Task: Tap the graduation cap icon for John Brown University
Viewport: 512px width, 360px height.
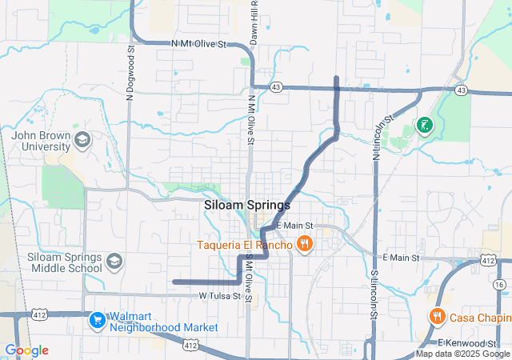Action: click(82, 142)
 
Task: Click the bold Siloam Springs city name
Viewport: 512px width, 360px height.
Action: click(247, 205)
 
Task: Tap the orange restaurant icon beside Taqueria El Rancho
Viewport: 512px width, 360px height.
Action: click(304, 243)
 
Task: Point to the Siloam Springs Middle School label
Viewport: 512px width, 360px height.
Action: click(64, 262)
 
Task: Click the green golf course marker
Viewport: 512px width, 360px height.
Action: click(424, 126)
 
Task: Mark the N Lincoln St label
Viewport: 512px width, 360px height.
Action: click(382, 137)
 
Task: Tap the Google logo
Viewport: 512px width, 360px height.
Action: click(26, 350)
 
